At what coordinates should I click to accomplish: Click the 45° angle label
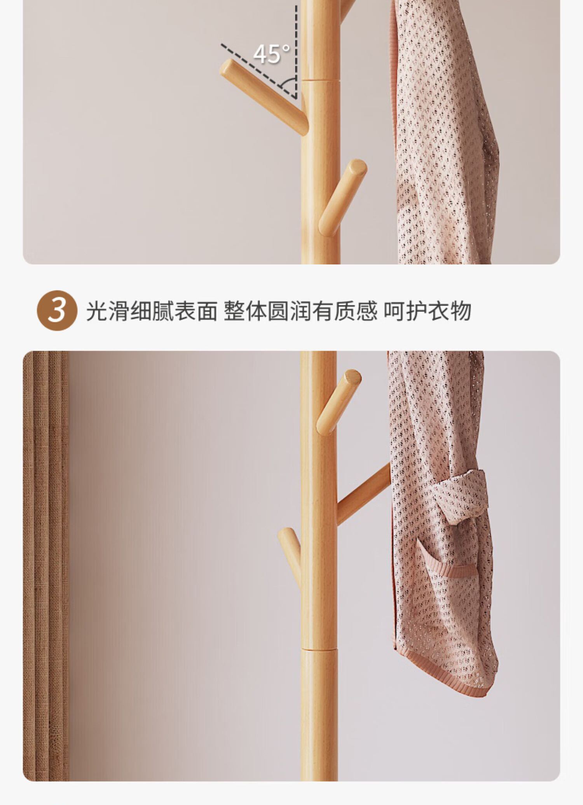[x=272, y=54]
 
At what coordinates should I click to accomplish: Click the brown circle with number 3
[x=57, y=310]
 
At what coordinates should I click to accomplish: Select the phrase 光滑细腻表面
[x=151, y=311]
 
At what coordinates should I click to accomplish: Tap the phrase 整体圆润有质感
[x=300, y=311]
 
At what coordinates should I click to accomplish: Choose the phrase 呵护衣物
[x=428, y=311]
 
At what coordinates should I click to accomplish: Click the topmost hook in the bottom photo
[x=339, y=402]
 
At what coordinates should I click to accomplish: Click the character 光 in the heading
[x=96, y=311]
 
